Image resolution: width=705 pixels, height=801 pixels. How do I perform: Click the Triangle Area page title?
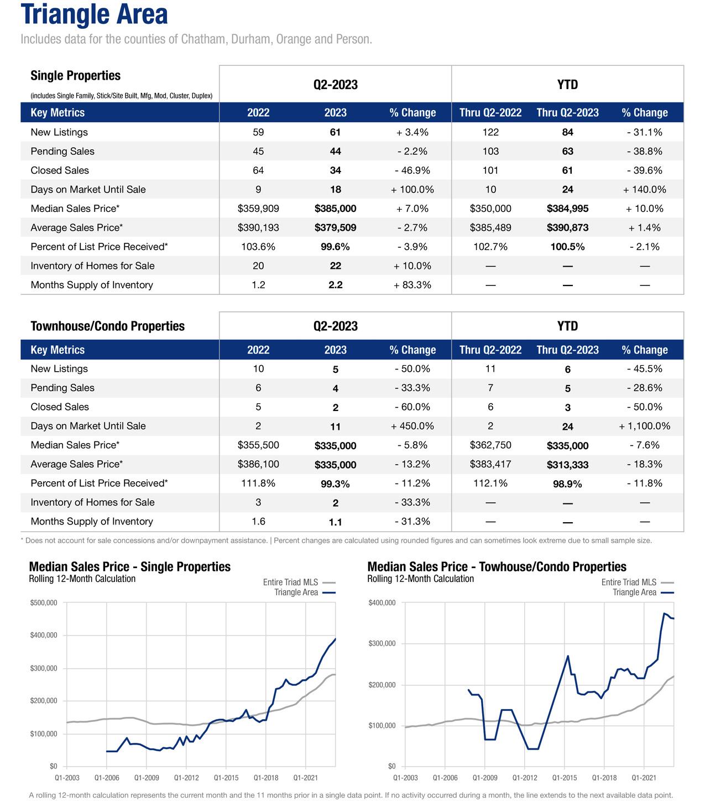94,14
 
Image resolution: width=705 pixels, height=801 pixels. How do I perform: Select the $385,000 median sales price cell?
335,209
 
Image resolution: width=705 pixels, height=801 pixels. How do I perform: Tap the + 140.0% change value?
644,190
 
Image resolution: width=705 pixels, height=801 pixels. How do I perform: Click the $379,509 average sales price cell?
335,228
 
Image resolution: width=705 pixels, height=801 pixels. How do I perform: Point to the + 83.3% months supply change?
412,285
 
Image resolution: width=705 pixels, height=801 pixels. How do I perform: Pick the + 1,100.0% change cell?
644,426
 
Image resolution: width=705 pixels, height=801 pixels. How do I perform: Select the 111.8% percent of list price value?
258,483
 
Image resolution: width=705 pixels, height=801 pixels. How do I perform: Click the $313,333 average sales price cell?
567,465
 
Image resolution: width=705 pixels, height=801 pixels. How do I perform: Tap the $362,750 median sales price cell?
490,445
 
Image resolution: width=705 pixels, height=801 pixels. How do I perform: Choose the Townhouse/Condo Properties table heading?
107,326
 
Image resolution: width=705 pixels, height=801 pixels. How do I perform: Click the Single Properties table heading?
75,76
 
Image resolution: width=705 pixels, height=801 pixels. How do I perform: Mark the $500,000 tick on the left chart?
44,602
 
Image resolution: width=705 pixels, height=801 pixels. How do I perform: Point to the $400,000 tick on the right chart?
382,602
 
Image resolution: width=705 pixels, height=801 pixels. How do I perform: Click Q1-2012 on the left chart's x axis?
186,778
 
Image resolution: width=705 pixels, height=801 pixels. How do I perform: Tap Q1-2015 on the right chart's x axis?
564,778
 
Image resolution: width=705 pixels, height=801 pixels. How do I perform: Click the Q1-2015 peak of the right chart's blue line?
567,656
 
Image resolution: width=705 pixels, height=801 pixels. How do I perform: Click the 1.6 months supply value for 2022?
258,522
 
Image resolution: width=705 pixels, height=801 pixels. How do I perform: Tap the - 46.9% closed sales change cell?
412,170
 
